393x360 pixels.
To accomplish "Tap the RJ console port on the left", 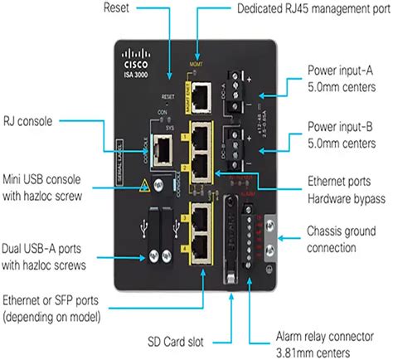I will click(164, 150).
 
